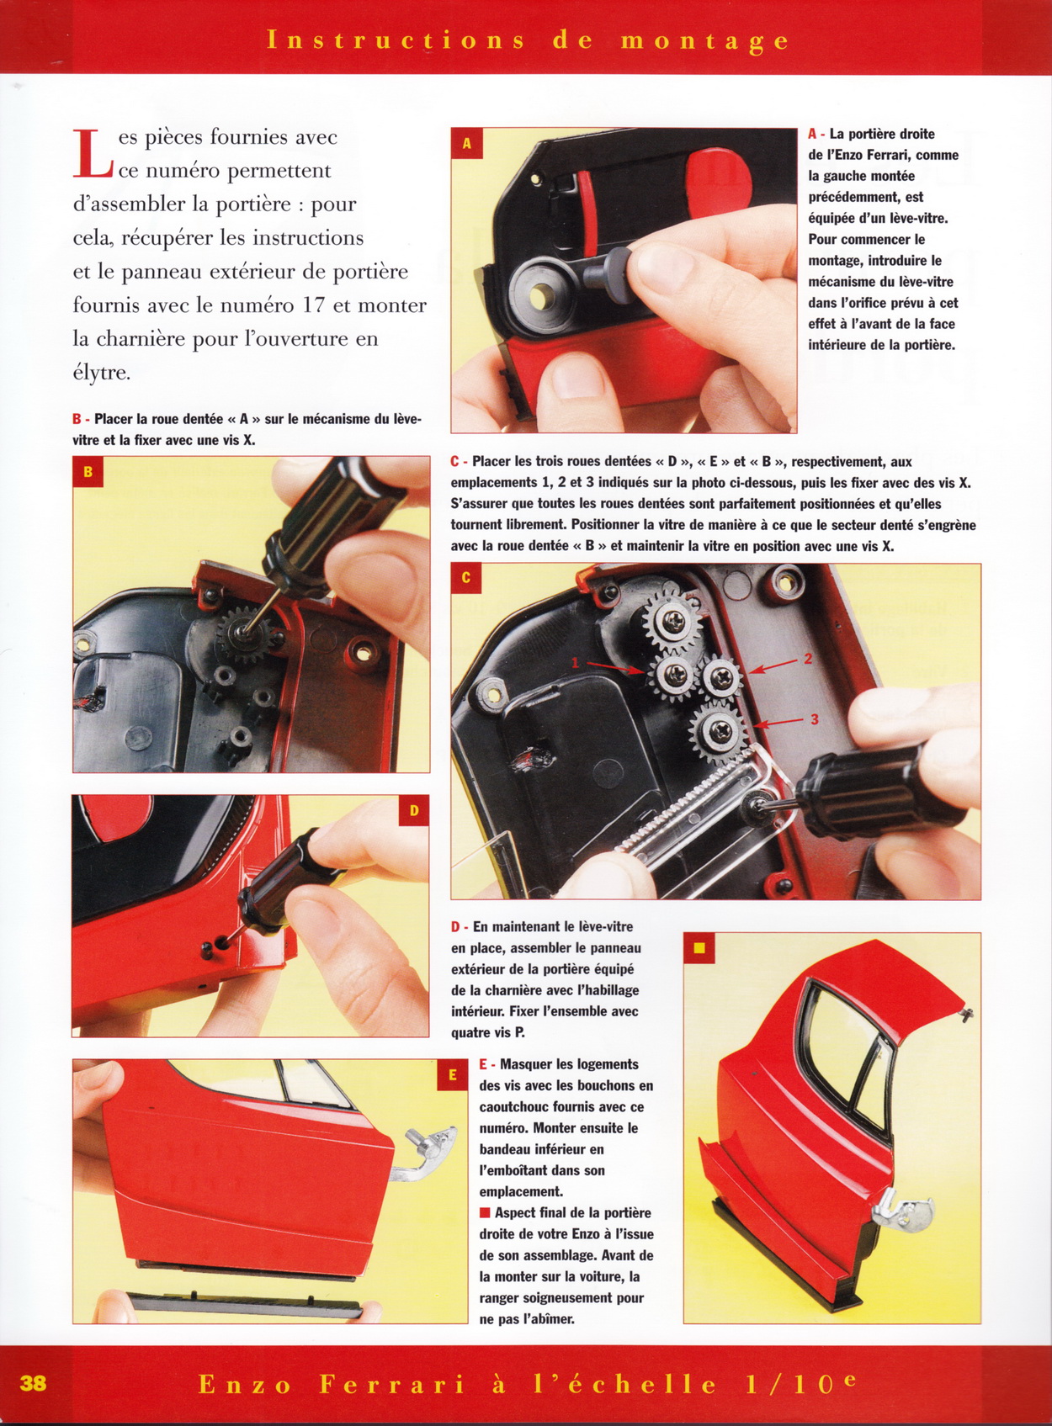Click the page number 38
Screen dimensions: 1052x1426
tap(33, 1383)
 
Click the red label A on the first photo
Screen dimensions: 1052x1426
tap(467, 143)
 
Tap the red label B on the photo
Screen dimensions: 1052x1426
tap(88, 472)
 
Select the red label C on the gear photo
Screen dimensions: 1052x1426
tap(466, 578)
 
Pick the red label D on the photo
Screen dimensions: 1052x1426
tap(414, 810)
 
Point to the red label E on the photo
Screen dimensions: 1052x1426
tap(453, 1075)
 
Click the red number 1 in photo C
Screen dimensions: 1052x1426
tap(575, 663)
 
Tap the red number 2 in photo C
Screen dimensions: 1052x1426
tap(807, 659)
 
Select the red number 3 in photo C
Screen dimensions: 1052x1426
tap(815, 720)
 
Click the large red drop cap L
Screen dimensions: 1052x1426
tap(93, 153)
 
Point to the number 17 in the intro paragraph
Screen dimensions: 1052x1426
tap(313, 305)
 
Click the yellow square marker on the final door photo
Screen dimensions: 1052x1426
tap(699, 948)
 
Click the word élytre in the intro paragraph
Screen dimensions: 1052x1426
tap(101, 373)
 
